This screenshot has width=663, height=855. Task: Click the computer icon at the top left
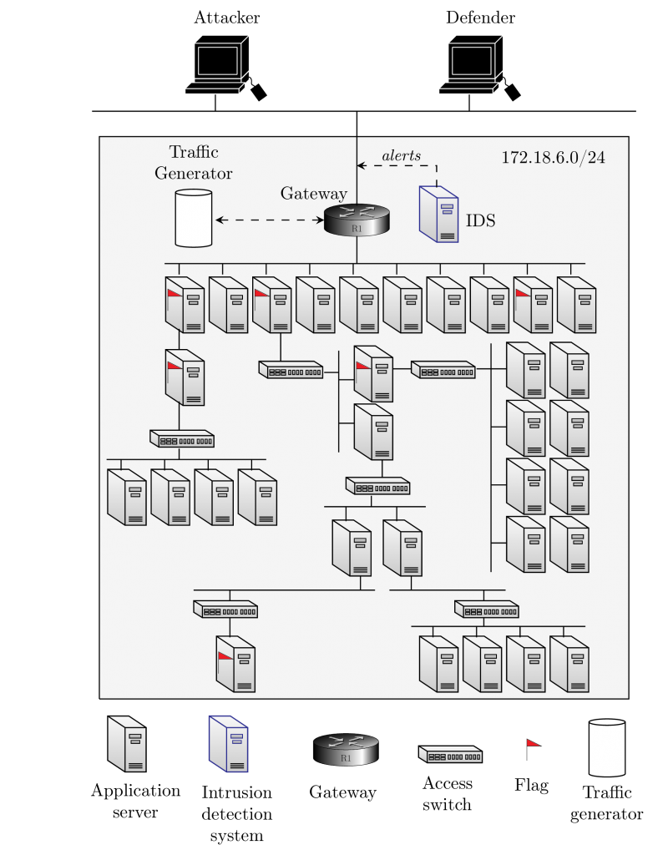point(216,64)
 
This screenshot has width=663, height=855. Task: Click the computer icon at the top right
point(471,64)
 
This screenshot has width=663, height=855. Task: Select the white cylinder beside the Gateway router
point(194,218)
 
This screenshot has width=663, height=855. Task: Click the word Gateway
point(313,194)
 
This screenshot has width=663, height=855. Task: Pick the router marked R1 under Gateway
point(357,220)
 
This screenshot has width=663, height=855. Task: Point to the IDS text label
point(480,221)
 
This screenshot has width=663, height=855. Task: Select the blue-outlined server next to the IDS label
point(439,215)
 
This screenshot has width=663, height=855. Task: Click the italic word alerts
point(402,156)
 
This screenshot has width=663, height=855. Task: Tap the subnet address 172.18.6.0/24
point(553,157)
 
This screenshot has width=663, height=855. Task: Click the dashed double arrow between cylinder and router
point(270,220)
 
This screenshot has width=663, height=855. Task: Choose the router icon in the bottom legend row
point(346,750)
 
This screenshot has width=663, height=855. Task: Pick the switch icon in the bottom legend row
point(451,755)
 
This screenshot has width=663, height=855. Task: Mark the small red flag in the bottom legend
point(533,742)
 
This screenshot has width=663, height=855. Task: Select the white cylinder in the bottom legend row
point(607,747)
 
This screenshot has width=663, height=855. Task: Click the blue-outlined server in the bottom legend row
point(228,743)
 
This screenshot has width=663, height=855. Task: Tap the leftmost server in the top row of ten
point(185,305)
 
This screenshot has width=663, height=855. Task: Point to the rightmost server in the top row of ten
point(576,305)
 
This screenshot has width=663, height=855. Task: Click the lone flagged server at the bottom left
point(235,664)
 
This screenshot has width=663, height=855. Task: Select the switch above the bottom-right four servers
point(486,610)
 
